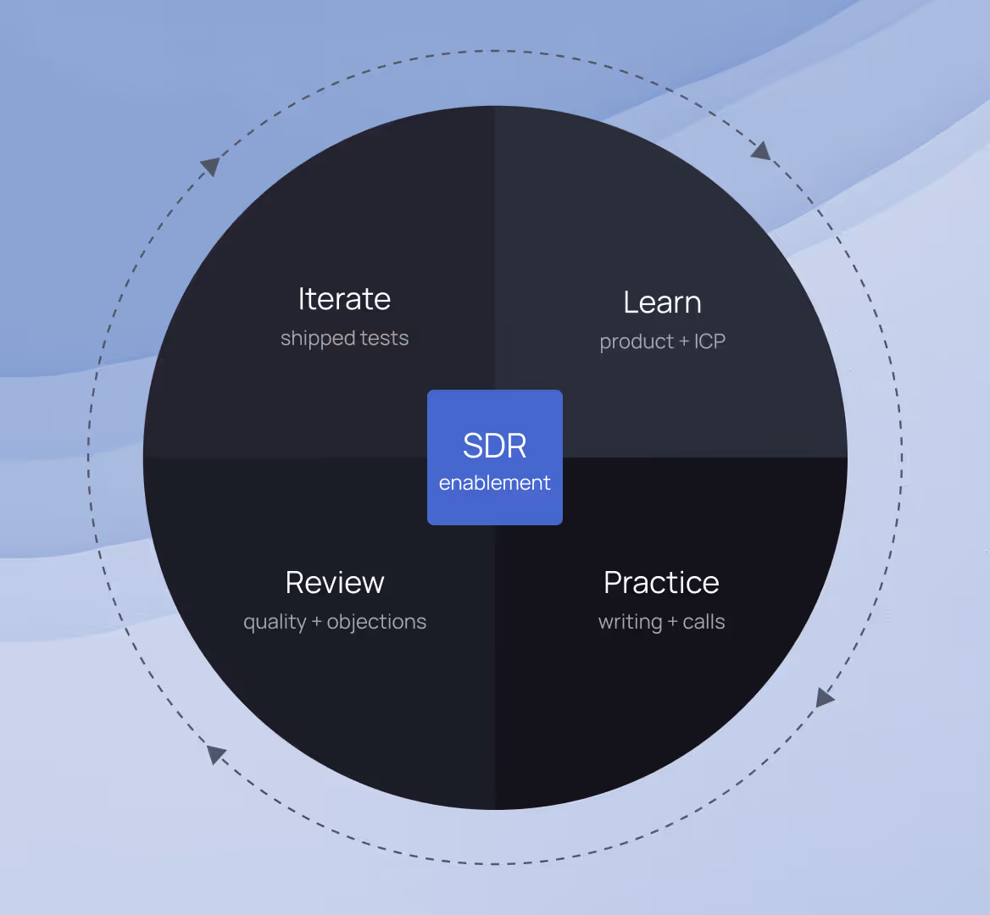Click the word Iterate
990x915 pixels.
(x=344, y=299)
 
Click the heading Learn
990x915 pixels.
(x=662, y=302)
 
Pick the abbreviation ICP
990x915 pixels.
(x=709, y=341)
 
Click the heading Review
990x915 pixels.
(x=335, y=583)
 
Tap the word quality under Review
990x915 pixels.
(x=275, y=623)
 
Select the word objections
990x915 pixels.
(x=376, y=622)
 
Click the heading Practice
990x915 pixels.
(x=661, y=583)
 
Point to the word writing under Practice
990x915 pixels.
(x=630, y=623)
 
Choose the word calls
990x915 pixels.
(x=704, y=622)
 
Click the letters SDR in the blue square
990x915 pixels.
(x=495, y=446)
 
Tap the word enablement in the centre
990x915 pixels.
(x=495, y=483)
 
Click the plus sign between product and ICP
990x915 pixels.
(x=684, y=342)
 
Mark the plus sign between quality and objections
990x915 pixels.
(x=317, y=622)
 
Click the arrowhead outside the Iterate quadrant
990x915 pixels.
(x=210, y=165)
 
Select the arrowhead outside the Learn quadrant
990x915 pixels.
(x=761, y=151)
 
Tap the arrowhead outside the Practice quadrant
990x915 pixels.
(x=824, y=698)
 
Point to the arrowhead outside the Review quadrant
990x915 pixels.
(x=216, y=754)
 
